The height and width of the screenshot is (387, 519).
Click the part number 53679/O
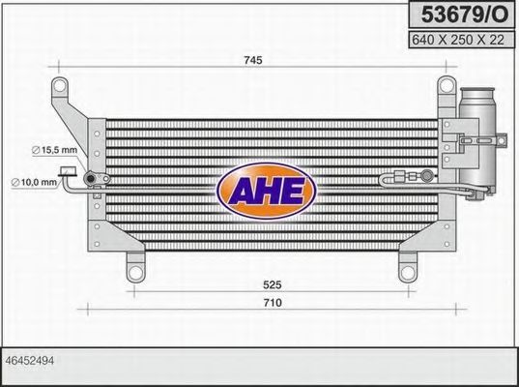459,14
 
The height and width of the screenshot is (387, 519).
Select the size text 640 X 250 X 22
459,40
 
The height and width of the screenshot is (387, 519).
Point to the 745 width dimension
253,60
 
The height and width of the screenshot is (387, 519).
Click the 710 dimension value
274,303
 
